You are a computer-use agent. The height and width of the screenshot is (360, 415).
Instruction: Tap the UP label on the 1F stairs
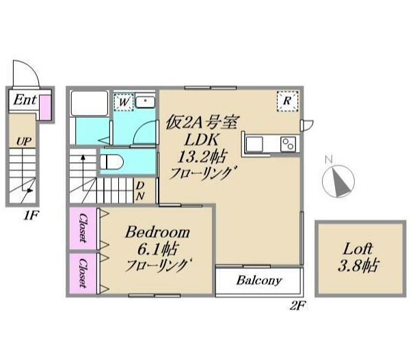point(23,141)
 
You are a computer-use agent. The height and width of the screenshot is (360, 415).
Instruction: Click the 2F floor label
point(295,306)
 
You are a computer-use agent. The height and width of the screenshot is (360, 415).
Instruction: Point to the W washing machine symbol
point(123,102)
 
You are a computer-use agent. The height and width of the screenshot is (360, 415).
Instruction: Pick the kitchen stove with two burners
point(288,143)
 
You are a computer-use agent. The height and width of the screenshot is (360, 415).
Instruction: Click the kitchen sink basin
point(254,144)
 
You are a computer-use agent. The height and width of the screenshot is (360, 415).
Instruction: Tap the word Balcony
point(259,281)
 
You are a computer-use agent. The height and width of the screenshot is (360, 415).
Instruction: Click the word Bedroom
point(157,233)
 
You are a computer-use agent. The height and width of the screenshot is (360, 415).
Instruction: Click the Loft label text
point(358,249)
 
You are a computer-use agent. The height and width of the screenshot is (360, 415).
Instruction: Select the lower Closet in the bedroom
point(82,273)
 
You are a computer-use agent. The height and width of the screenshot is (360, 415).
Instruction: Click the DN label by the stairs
point(139,190)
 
